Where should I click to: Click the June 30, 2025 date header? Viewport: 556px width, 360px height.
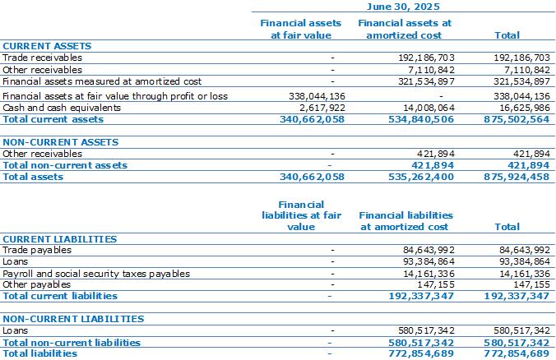[403, 7]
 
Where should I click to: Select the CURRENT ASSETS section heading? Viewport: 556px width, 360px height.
[47, 46]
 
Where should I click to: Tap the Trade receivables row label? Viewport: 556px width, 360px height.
[42, 58]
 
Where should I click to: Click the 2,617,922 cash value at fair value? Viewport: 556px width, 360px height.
[322, 108]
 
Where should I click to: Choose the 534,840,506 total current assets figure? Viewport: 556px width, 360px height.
[421, 119]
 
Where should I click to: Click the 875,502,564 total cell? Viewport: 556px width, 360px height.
[517, 119]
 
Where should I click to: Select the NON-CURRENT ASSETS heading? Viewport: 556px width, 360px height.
[61, 142]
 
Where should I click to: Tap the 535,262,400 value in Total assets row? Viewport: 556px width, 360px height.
[421, 177]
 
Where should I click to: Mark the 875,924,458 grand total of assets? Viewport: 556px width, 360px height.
[517, 177]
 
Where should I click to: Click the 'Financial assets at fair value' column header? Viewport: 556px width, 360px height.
[301, 29]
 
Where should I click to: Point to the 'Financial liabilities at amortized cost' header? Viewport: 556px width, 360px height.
[405, 221]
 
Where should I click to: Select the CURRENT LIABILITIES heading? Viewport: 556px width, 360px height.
[59, 239]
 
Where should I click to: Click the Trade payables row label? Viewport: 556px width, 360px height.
[37, 250]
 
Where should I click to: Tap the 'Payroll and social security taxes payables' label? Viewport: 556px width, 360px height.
[96, 274]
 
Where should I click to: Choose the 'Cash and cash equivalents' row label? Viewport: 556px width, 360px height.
[62, 108]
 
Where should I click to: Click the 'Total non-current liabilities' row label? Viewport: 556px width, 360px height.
[72, 343]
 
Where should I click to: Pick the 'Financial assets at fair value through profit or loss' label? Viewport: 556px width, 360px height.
[115, 96]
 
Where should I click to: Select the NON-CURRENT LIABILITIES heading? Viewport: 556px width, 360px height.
[73, 319]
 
